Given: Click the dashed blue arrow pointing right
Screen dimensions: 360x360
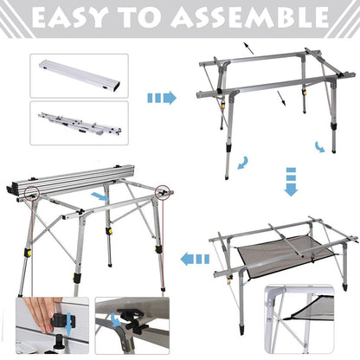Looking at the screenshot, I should coord(162,98).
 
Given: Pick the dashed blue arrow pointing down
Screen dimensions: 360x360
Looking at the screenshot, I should coord(290,184).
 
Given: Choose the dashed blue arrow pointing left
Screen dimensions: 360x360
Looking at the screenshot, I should coord(194,257).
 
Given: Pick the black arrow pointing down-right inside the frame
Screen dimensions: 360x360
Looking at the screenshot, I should coord(281,101).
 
